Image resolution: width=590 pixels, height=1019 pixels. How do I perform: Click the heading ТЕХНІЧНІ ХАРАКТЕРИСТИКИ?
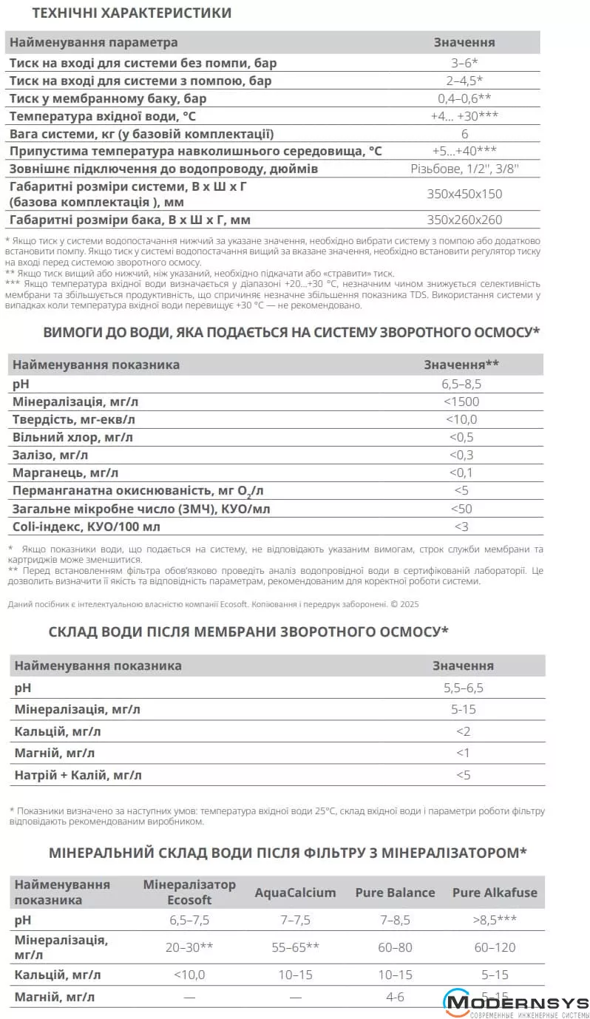click(132, 13)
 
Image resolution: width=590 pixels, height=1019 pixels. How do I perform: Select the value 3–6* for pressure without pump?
click(464, 63)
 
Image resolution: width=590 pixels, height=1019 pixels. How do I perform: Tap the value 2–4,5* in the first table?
click(464, 81)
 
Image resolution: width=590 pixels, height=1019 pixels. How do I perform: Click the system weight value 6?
click(464, 134)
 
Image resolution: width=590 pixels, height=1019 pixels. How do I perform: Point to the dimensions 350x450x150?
click(464, 193)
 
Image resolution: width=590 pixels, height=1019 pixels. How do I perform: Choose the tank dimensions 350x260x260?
click(464, 220)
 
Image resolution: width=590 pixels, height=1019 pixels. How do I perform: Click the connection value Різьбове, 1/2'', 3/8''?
click(464, 169)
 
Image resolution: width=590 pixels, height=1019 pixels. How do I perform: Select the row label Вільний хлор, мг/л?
click(72, 438)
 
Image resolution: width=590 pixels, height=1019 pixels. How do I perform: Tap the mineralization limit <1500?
click(461, 402)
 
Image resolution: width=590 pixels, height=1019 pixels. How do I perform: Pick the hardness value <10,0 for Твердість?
click(461, 420)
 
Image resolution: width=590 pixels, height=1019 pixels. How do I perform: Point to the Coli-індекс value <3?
click(461, 527)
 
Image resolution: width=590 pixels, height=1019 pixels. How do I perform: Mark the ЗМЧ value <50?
click(461, 509)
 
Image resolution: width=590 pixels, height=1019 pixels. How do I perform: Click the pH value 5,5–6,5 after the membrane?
click(463, 688)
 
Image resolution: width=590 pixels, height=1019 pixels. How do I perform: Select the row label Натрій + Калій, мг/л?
click(78, 776)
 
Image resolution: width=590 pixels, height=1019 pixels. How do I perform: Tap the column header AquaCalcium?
click(295, 893)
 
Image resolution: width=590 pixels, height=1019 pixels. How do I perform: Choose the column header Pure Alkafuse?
click(495, 893)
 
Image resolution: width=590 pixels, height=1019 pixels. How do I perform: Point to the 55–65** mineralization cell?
click(295, 947)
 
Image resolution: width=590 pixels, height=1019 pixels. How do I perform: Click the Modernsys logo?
click(516, 1004)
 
